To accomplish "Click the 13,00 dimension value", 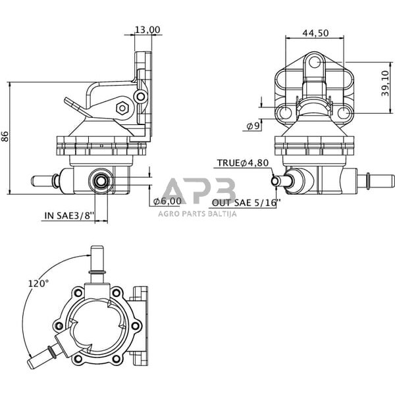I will click(147, 30).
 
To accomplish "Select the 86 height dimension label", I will click(6, 137).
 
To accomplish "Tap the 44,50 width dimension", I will click(316, 33).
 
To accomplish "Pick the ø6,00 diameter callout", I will click(167, 201).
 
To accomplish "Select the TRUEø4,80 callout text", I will click(242, 163).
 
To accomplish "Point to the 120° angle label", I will click(38, 283).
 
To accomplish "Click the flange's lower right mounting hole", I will click(343, 114).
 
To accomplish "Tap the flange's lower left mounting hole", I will click(285, 114).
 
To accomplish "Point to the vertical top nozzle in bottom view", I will click(96, 261).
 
